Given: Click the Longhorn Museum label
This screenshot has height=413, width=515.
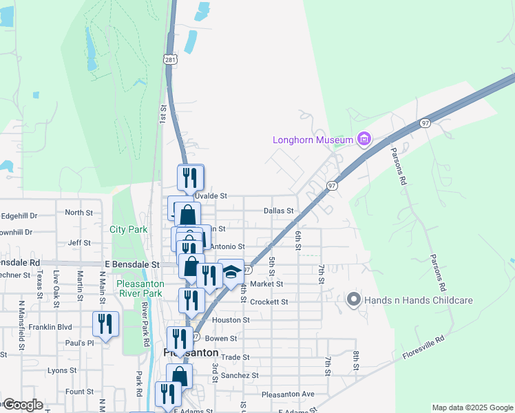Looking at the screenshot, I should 313,140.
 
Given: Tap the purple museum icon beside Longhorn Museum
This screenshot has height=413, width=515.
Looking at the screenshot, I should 364,140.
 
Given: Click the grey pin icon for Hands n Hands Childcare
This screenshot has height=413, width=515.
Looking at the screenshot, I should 354,299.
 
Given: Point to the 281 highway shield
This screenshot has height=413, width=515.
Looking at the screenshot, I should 170,61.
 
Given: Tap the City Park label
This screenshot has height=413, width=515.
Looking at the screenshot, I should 128,229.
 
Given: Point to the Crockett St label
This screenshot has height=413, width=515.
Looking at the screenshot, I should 269,302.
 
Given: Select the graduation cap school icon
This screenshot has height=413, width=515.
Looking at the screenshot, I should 231,272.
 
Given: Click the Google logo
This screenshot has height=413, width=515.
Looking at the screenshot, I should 23,405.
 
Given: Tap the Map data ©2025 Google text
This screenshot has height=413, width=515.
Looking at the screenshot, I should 473,407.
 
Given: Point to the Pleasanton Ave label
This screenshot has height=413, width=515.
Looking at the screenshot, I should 288,394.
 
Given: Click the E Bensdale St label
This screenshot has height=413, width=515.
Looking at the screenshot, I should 132,264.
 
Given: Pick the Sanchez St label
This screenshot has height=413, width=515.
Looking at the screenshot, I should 240,376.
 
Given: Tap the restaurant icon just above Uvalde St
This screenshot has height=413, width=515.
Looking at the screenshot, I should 190,178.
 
